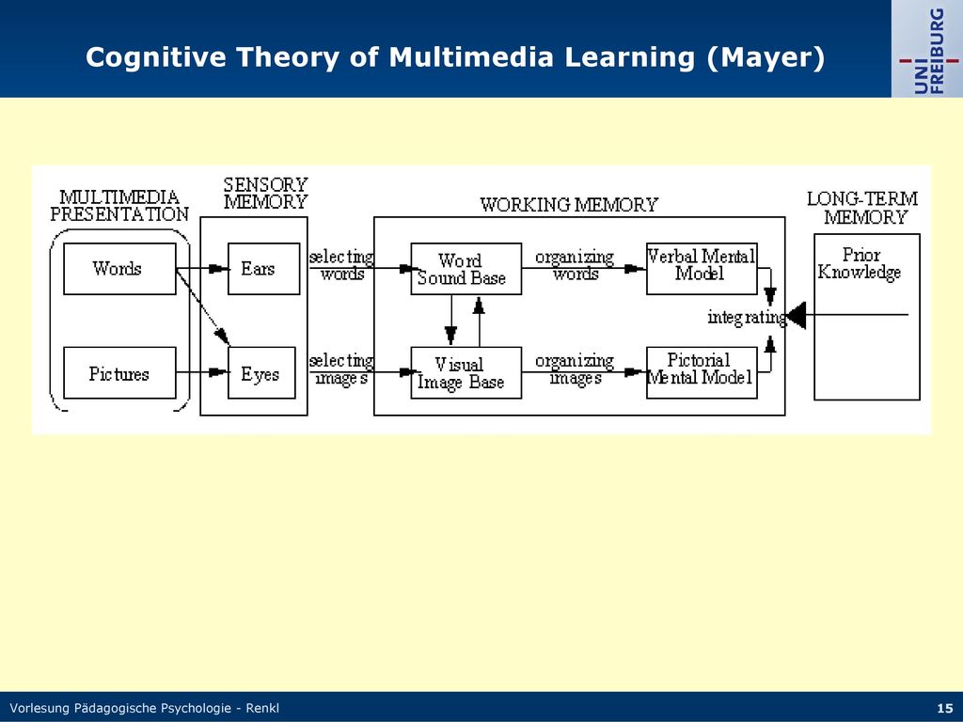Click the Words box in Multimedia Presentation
pos(119,269)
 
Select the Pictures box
pos(119,372)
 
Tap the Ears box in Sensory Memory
pos(263,269)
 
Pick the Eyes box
pos(261,372)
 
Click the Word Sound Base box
pos(466,269)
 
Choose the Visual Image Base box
pos(466,372)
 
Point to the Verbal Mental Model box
pos(702,269)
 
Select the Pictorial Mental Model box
pos(702,372)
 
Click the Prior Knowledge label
pos(860,263)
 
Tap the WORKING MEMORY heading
pos(569,204)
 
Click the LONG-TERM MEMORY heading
pos(863,208)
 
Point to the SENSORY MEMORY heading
pos(265,193)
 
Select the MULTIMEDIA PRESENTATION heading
pos(119,206)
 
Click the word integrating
pos(747,318)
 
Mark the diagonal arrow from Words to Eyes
pos(203,307)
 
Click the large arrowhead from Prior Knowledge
pos(796,316)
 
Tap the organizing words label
pos(575,264)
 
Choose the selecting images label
pos(341,369)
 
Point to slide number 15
pos(945,708)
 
